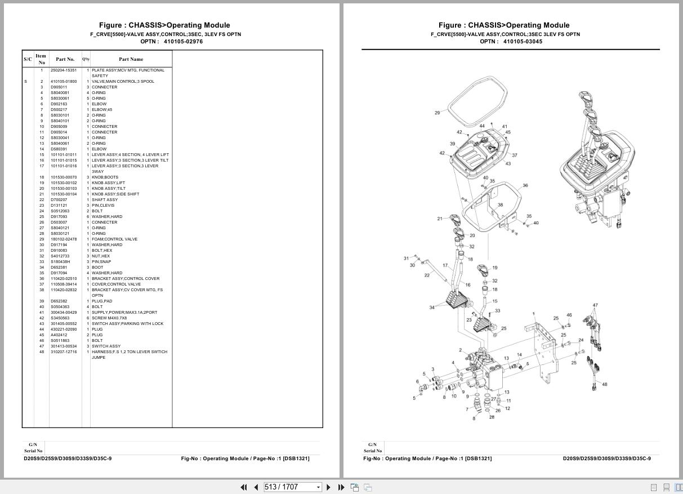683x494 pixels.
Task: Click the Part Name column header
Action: [x=131, y=59]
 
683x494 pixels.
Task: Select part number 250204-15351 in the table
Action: [x=64, y=70]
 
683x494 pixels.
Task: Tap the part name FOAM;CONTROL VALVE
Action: [x=114, y=239]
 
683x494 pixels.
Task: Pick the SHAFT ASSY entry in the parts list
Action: [x=105, y=200]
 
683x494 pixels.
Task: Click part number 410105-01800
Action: [x=64, y=82]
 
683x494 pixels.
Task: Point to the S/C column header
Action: [x=28, y=59]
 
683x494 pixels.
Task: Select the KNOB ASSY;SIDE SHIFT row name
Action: [x=115, y=194]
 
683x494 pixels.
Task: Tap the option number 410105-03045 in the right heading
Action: [x=523, y=42]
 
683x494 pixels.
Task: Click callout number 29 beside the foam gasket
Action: [x=438, y=113]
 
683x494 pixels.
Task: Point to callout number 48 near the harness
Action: [x=604, y=385]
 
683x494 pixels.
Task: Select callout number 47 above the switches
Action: [x=595, y=305]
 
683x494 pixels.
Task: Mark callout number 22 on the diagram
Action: [x=427, y=275]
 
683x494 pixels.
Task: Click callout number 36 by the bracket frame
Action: [x=525, y=185]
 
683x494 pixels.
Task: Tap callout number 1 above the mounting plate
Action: [x=533, y=314]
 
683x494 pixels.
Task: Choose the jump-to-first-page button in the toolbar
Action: [x=244, y=487]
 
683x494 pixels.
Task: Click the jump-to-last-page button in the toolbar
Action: [x=341, y=487]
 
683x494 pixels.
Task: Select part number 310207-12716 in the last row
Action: [x=64, y=352]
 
